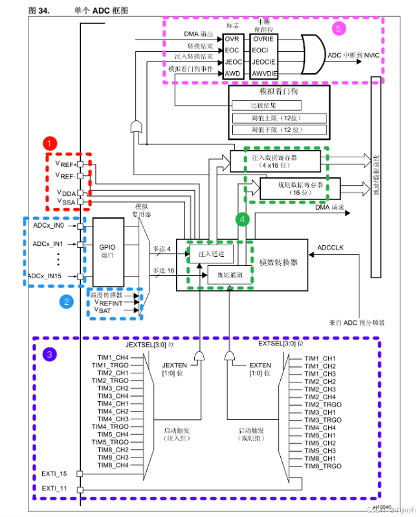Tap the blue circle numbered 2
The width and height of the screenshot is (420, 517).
pos(65,301)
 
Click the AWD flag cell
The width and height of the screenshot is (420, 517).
pos(232,73)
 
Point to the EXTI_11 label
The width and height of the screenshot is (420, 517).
pos(54,487)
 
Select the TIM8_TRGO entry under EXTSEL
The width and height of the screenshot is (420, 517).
pos(323,466)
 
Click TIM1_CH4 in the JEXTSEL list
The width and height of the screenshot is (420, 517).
pos(113,357)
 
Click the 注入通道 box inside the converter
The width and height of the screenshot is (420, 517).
pos(210,254)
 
